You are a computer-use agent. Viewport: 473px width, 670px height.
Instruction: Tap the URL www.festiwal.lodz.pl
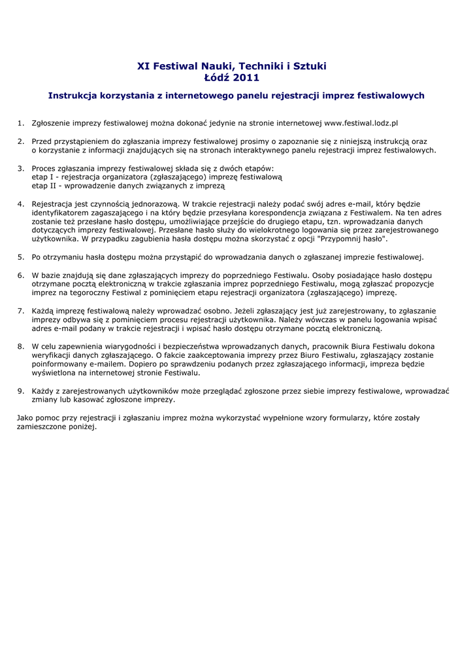coord(361,122)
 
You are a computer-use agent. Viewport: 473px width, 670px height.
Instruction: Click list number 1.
coord(20,122)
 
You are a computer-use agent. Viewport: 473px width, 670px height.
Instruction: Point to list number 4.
coord(20,203)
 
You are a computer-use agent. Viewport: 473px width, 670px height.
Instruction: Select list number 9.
coord(20,391)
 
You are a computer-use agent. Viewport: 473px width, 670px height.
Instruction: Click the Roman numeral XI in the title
coord(143,66)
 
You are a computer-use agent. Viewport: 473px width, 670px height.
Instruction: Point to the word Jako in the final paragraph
coord(25,417)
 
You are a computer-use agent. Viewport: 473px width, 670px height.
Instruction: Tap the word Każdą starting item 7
coord(44,310)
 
